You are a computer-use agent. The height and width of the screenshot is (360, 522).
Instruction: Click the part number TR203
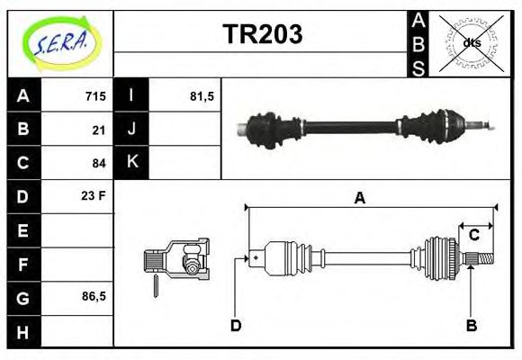(x=262, y=34)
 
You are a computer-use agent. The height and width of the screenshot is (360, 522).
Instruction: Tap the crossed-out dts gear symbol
(x=472, y=42)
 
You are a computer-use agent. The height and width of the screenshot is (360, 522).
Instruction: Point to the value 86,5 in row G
(x=94, y=296)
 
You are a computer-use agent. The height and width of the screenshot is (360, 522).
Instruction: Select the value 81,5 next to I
(x=202, y=96)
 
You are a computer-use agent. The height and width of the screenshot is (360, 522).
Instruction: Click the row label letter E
(x=23, y=230)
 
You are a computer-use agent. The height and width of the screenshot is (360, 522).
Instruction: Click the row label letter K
(x=132, y=163)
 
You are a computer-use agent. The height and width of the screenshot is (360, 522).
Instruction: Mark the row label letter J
(x=132, y=130)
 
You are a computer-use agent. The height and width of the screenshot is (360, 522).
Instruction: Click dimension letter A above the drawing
(x=359, y=199)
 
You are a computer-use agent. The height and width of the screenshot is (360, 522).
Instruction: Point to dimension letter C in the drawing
(x=473, y=236)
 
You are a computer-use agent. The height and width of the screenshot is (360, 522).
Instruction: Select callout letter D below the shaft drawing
(x=236, y=325)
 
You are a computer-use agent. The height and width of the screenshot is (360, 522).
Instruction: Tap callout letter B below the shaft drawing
(x=471, y=325)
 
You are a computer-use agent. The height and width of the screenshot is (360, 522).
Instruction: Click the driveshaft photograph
(x=360, y=127)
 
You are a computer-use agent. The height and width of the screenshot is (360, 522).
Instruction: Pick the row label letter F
(x=23, y=264)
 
